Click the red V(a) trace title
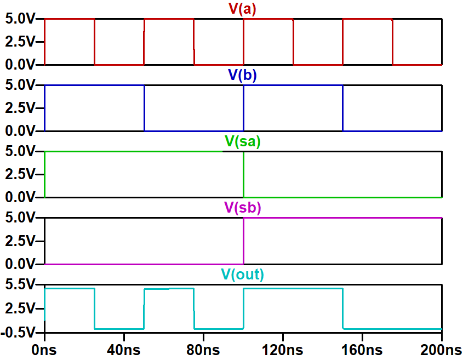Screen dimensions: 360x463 (242, 9)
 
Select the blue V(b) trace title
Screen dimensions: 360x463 (242, 76)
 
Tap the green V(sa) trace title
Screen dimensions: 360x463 (243, 141)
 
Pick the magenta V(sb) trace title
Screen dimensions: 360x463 (243, 208)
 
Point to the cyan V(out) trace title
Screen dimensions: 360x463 (242, 275)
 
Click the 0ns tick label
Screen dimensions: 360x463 (45, 349)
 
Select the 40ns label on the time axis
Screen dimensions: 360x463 (124, 349)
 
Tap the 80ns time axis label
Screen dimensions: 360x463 (203, 349)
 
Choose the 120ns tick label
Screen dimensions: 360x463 (283, 349)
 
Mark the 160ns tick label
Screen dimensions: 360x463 (362, 349)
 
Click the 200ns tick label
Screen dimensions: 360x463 (441, 349)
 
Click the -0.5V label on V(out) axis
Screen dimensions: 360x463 (20, 332)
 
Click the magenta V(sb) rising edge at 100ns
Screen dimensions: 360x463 (243, 241)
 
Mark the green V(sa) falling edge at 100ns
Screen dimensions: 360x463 (243, 174)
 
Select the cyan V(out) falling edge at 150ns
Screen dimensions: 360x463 (342, 308)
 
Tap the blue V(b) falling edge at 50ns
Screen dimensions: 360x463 (144, 108)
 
